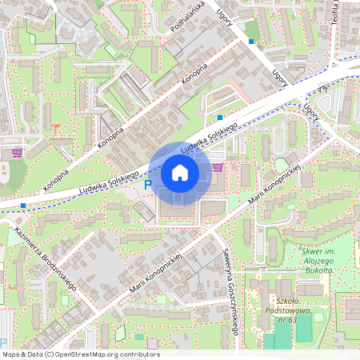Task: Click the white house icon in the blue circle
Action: pos(179,173)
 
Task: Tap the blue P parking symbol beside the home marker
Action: pos(146,185)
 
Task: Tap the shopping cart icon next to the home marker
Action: pos(218,167)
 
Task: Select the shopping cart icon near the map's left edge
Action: pos(16,152)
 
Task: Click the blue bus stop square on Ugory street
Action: pos(251,42)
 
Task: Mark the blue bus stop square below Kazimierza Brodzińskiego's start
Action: pos(23,206)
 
